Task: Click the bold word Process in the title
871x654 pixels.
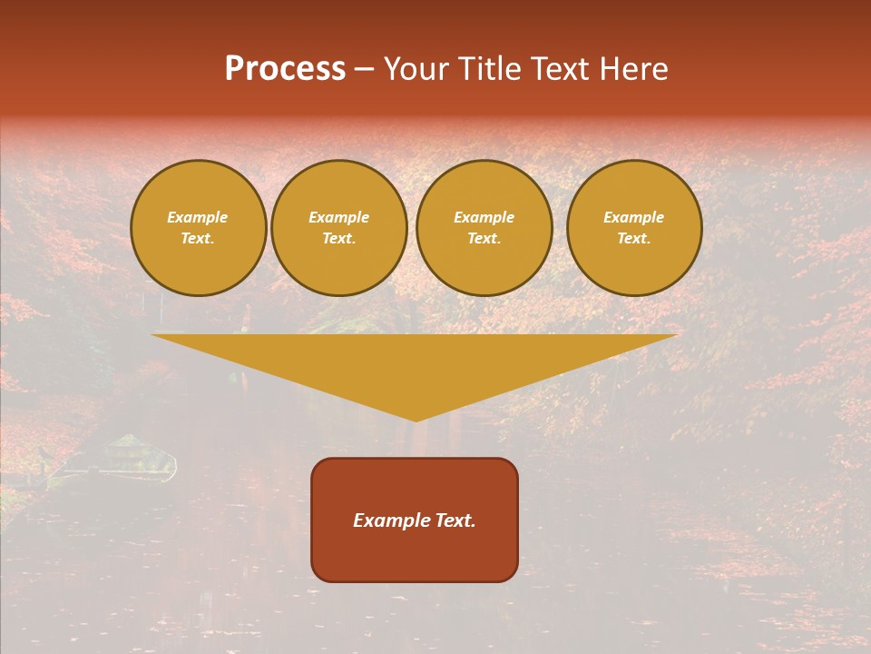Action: pyautogui.click(x=285, y=69)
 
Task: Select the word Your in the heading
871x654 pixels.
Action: pyautogui.click(x=416, y=69)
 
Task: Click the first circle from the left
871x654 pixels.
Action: pyautogui.click(x=199, y=228)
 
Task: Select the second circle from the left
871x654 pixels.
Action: pyautogui.click(x=339, y=228)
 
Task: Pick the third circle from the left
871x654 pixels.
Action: pyautogui.click(x=484, y=228)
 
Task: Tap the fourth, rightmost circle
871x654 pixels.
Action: pyautogui.click(x=634, y=228)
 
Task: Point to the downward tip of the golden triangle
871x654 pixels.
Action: pyautogui.click(x=416, y=419)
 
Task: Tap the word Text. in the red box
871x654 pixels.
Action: pyautogui.click(x=454, y=520)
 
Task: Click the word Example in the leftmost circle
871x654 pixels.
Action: pyautogui.click(x=198, y=217)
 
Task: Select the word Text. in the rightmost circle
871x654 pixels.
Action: pyautogui.click(x=634, y=239)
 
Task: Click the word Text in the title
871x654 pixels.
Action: pyautogui.click(x=560, y=69)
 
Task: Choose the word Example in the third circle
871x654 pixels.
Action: pyautogui.click(x=484, y=217)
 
